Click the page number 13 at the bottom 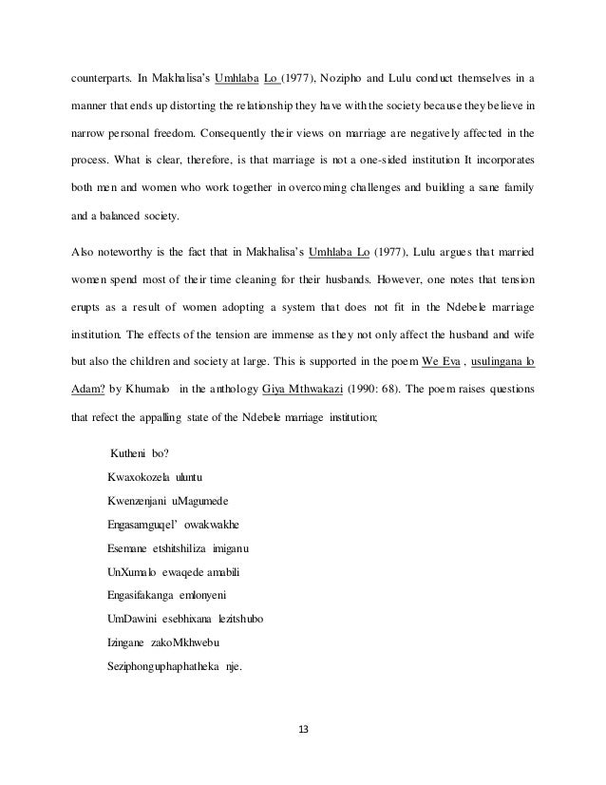[302, 731]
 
